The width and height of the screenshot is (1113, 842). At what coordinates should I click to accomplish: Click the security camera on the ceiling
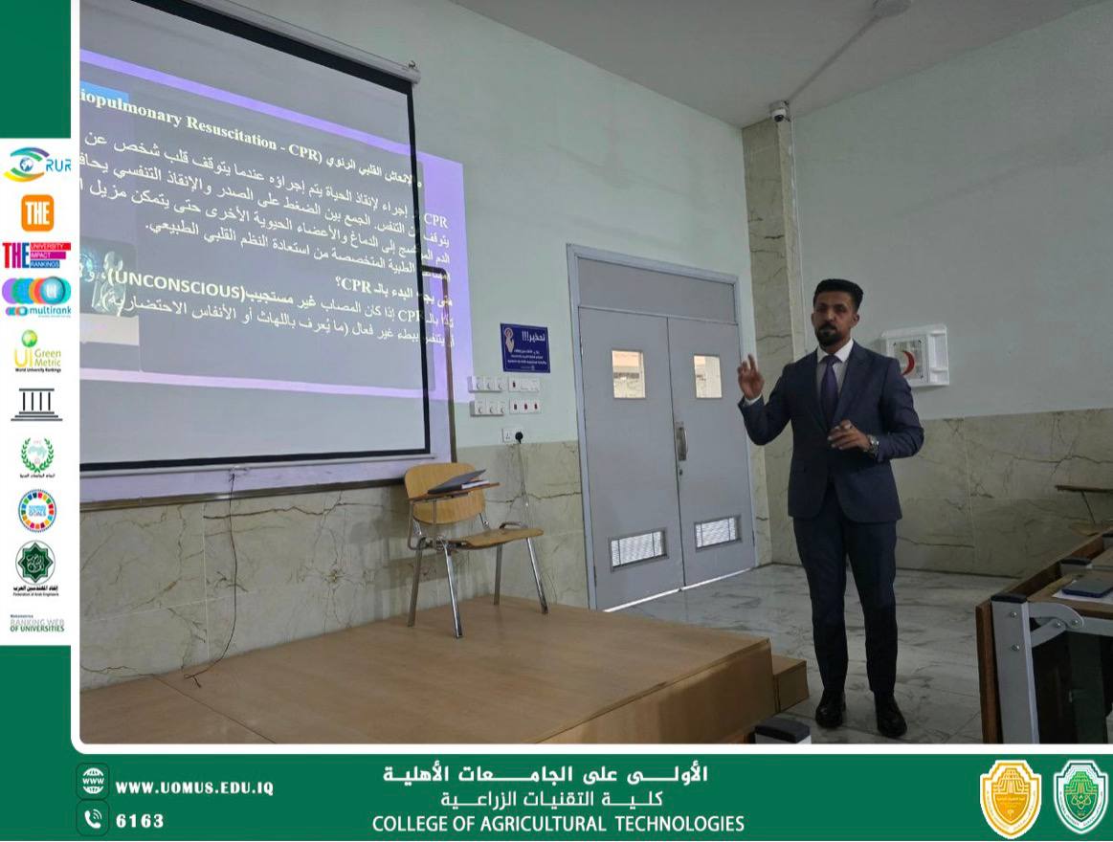(779, 112)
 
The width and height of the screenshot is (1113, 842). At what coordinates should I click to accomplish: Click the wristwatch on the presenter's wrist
(872, 444)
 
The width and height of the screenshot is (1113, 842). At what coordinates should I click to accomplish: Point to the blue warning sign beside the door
(524, 348)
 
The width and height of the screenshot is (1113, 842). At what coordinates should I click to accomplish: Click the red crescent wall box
(914, 355)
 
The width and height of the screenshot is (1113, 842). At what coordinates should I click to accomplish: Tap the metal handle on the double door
(681, 442)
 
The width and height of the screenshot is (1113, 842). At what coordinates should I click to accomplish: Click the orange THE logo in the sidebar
(36, 212)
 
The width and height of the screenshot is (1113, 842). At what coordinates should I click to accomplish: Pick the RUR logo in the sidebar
(36, 165)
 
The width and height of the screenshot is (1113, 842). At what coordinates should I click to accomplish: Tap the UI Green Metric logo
(36, 350)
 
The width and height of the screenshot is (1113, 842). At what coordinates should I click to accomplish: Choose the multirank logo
(36, 296)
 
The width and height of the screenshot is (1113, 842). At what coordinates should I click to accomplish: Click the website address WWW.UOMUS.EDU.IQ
(194, 787)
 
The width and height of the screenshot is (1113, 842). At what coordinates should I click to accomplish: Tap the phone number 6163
(140, 820)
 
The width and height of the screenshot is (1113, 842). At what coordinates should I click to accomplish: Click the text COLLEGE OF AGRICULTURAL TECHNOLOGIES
(558, 824)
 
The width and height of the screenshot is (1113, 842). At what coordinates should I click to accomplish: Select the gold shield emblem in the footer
(1010, 798)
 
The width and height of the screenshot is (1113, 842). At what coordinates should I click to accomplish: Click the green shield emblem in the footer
(1080, 797)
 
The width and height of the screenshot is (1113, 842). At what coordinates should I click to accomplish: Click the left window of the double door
(628, 373)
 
